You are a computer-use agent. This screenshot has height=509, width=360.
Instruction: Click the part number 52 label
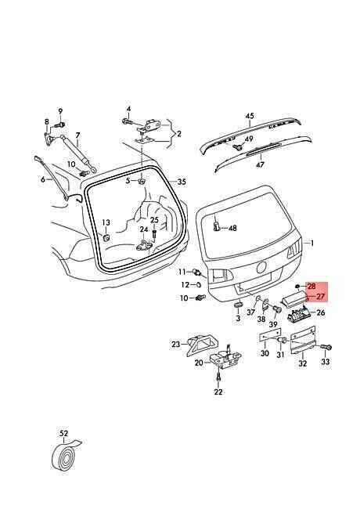coord(64,433)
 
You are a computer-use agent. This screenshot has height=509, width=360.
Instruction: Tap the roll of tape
coord(65,454)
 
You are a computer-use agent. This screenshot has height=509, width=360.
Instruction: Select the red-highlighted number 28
coord(311,287)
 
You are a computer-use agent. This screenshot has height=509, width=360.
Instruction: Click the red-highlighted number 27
coord(320,296)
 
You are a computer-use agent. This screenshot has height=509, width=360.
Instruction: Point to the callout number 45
coord(250,116)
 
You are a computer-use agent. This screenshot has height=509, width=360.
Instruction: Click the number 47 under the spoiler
coord(260,165)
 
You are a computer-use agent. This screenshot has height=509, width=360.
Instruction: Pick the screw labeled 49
coord(239,147)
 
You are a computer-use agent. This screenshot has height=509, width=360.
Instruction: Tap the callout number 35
coord(182,182)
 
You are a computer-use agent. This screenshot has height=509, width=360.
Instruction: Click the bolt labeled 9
coord(60,125)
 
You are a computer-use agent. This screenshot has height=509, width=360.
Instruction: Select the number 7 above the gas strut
coord(77,135)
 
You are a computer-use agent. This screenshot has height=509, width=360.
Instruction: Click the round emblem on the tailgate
coord(261,268)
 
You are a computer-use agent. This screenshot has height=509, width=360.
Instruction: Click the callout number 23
coord(175,344)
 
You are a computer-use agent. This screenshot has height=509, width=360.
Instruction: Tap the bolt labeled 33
coord(326,347)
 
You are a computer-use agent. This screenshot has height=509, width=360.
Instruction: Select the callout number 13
coord(106,222)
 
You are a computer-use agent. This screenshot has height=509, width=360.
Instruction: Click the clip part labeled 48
coord(218,226)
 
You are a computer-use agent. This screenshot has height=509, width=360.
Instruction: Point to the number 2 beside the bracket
coord(179,133)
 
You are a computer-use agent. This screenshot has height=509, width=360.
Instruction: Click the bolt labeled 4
coord(127,121)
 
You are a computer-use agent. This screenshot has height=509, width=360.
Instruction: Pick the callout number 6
coord(43,179)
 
